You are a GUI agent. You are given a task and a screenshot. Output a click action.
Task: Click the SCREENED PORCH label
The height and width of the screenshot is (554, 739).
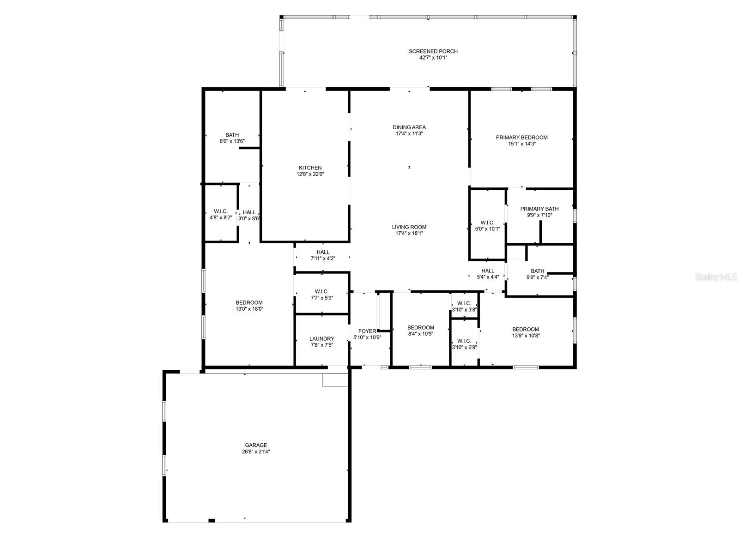click(433, 51)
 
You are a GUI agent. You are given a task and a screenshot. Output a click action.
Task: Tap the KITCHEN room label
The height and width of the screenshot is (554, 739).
click(310, 168)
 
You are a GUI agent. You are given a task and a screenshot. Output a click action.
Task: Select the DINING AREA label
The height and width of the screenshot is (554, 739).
click(409, 127)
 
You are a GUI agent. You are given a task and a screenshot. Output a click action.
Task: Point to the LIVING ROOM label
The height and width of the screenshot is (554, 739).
click(409, 227)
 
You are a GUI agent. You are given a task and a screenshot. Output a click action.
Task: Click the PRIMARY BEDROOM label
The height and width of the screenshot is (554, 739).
click(521, 138)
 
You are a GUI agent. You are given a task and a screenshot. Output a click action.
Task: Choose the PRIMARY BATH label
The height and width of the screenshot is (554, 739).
click(539, 209)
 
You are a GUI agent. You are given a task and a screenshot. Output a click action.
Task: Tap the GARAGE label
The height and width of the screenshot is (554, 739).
click(256, 446)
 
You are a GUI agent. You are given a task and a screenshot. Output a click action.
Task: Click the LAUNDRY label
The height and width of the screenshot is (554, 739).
click(322, 339)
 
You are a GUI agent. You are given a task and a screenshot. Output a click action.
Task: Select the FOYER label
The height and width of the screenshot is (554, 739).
click(367, 331)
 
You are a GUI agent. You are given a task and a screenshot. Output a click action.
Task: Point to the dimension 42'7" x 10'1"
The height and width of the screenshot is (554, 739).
click(433, 58)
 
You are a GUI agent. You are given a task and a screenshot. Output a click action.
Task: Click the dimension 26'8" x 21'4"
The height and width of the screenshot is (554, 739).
click(256, 452)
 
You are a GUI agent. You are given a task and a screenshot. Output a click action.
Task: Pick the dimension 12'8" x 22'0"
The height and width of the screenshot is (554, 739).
click(310, 174)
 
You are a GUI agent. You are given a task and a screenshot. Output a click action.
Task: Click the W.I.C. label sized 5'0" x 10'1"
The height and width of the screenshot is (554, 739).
click(487, 223)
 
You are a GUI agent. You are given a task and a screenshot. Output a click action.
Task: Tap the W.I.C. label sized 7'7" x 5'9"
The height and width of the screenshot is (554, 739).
click(322, 292)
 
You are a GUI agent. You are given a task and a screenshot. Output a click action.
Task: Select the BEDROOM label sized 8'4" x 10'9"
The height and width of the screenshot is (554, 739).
click(420, 328)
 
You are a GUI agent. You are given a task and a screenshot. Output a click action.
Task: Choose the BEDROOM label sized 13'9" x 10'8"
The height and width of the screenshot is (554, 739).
click(526, 330)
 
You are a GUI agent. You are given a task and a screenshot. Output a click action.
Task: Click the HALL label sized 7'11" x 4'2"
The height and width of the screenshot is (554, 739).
click(323, 252)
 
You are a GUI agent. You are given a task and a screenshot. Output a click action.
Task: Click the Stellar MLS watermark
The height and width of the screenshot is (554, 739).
click(716, 277)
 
